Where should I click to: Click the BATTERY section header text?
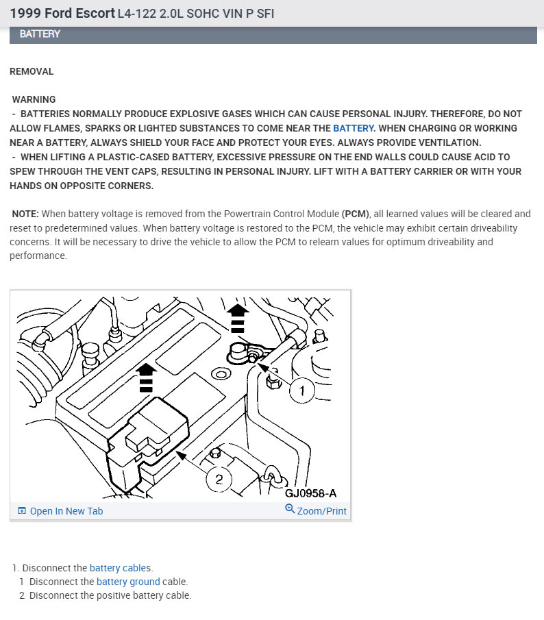(40, 34)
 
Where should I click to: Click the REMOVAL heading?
(32, 71)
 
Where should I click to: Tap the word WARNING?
(34, 99)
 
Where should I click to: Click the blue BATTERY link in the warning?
(354, 128)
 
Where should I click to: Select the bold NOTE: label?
(25, 214)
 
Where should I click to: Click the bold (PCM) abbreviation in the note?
(354, 214)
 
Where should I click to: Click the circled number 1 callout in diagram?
(301, 391)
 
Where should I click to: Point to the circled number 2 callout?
(219, 479)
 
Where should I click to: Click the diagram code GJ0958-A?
(311, 493)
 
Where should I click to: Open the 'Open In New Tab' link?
(66, 511)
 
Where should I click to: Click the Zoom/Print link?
(321, 511)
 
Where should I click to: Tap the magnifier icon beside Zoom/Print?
(290, 510)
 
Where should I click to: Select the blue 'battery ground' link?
(128, 582)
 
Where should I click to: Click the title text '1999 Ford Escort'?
(62, 14)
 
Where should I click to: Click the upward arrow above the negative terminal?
(237, 317)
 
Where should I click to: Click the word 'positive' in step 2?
(114, 595)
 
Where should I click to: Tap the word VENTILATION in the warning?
(447, 142)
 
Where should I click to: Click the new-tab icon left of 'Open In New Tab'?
(22, 511)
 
